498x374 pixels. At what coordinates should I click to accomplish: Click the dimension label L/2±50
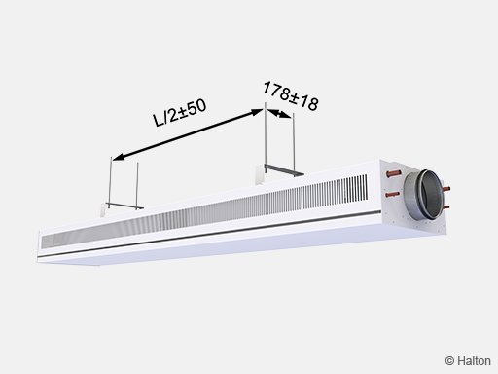tap(180, 112)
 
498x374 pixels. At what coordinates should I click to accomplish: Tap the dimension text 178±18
tap(291, 95)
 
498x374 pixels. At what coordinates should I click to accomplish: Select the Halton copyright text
tap(468, 361)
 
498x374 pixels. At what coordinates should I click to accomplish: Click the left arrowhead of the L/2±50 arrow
tap(119, 157)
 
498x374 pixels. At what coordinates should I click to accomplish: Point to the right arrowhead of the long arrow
tap(257, 112)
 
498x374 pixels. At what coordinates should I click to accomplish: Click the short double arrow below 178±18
tap(279, 114)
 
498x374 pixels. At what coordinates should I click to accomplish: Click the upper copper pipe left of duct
tap(394, 174)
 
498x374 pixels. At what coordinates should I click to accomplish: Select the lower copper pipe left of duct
tap(393, 195)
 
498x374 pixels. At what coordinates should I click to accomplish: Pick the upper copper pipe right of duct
tap(446, 188)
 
